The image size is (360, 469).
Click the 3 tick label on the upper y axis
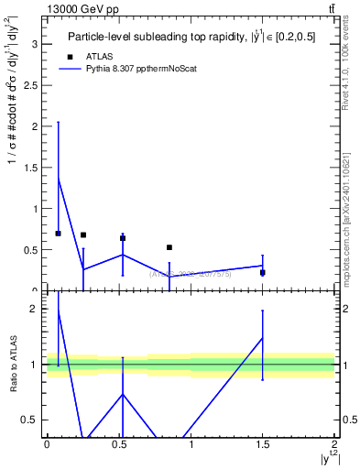tap(33, 44)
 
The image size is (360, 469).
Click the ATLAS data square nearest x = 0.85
tap(169, 247)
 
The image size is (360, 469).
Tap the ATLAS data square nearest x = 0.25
tap(83, 235)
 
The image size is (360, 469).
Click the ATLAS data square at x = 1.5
tap(263, 272)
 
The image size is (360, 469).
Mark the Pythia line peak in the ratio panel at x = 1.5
tap(263, 338)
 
